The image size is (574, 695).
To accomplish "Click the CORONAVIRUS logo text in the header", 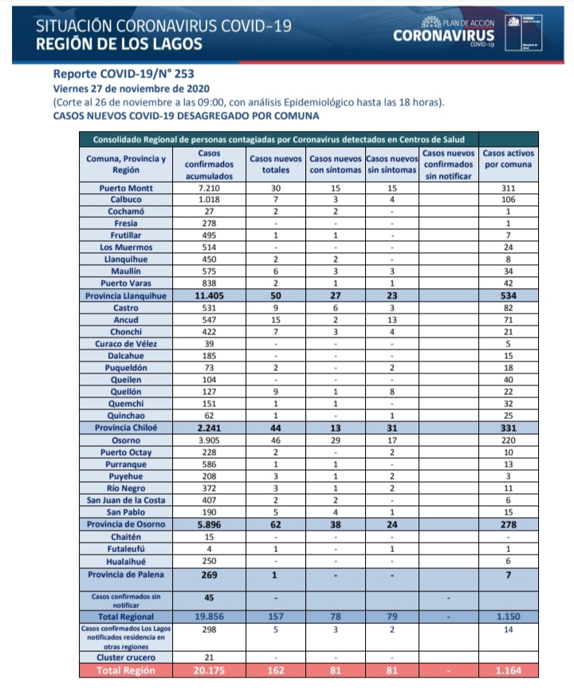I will (x=443, y=36).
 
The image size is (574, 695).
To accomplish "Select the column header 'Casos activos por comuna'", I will (x=509, y=159).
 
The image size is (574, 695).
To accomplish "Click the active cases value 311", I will (x=509, y=188).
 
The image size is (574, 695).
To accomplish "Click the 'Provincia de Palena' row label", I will (x=125, y=575).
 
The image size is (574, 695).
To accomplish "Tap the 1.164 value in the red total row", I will (x=509, y=670).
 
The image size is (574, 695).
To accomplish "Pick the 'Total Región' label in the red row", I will (x=125, y=670).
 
